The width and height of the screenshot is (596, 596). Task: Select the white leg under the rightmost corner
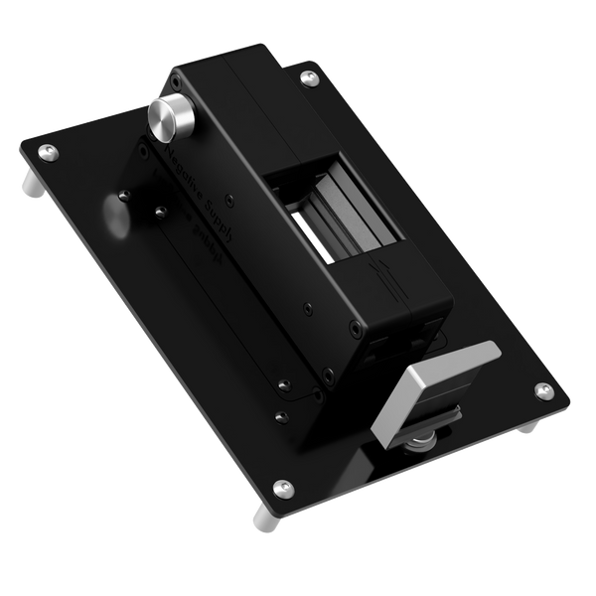pos(529,425)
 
